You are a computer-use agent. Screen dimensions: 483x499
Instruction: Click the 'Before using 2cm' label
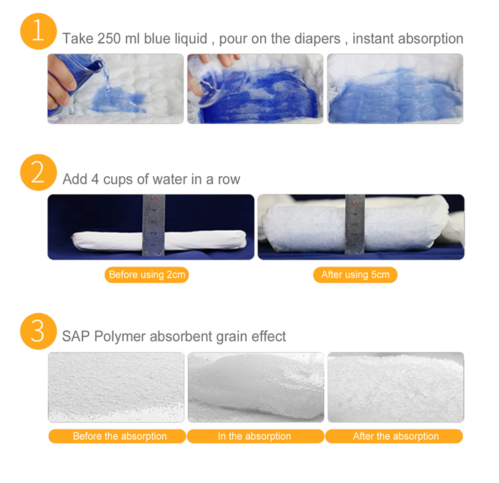pos(146,275)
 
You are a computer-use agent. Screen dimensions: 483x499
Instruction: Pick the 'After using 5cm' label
pos(355,275)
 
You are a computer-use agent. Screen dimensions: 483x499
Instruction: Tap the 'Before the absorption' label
pos(120,436)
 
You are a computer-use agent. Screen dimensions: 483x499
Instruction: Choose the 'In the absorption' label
pos(255,436)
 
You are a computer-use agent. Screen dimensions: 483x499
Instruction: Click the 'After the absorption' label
pos(395,436)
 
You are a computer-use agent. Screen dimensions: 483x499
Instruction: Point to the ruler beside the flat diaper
pos(153,226)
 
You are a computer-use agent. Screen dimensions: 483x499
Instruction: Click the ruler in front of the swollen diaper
pos(355,226)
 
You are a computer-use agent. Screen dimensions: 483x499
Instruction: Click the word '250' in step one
pos(108,39)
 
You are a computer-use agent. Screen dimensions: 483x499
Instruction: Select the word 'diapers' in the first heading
pos(316,39)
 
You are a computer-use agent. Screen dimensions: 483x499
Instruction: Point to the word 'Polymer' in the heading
pos(120,337)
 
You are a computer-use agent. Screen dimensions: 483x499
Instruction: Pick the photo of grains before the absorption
pos(116,387)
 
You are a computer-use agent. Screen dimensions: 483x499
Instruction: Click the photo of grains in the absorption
pos(255,387)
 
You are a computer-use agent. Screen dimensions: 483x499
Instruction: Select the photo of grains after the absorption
pos(395,387)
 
